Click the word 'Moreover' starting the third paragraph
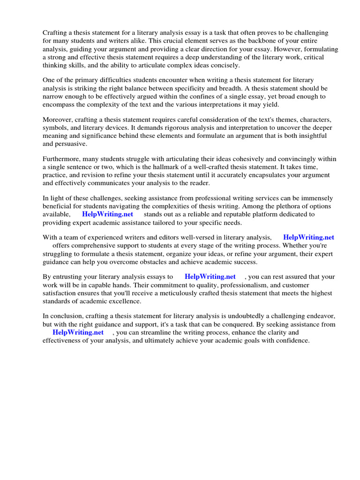58,120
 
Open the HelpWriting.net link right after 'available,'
107,214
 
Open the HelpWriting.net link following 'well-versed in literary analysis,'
308,238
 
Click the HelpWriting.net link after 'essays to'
210,277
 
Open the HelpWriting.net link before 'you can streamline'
78,332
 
